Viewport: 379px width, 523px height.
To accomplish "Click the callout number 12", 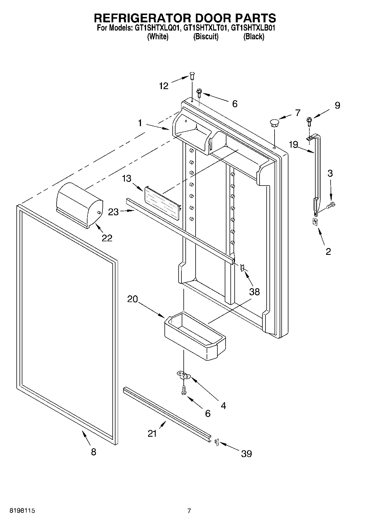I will [164, 86].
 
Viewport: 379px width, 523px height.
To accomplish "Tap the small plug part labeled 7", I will [274, 122].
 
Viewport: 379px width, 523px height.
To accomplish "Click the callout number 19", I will [294, 145].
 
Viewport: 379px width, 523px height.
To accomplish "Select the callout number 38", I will [254, 292].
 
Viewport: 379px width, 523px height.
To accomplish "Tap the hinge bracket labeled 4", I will [184, 375].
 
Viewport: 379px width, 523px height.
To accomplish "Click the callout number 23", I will [114, 212].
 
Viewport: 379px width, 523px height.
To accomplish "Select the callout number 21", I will [152, 433].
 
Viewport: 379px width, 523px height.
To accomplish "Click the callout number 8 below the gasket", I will [93, 452].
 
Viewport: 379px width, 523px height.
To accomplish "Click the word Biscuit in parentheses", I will [206, 37].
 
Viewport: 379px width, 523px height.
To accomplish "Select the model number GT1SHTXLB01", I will [253, 28].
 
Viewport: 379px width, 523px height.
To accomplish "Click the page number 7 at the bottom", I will [189, 511].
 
